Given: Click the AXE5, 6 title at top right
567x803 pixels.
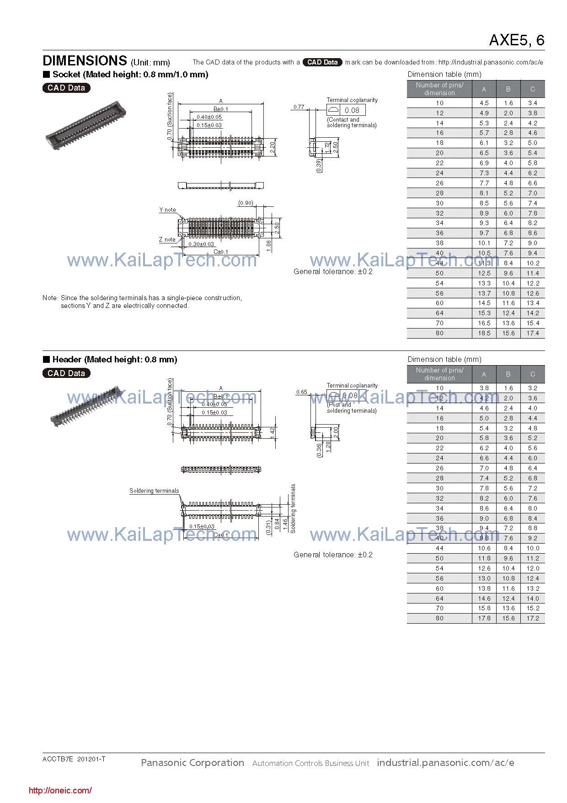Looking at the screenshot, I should coord(516,40).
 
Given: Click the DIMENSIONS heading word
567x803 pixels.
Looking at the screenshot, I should coord(85,61).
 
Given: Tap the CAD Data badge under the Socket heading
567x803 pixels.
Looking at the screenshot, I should coord(66,88).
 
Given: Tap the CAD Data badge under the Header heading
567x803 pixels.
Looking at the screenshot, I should coord(66,373).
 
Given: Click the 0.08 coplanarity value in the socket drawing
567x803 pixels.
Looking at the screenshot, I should coord(352,110).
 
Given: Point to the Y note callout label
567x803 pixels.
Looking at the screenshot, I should coord(167,210).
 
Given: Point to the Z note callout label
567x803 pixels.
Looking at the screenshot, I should coord(167,239).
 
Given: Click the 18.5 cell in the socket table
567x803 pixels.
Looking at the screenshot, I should coord(484,333).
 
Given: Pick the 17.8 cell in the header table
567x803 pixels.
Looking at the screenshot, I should coord(484,618).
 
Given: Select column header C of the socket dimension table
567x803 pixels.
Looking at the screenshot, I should coord(532,89).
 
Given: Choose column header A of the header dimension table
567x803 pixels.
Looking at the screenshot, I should coord(484,374).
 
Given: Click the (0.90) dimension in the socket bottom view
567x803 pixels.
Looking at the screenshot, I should coord(246,203).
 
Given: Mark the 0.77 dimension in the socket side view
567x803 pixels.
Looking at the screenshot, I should coord(299,107).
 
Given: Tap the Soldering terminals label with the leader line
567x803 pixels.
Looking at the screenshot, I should coord(154,490).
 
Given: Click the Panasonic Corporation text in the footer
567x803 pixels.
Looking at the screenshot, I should coord(192,762).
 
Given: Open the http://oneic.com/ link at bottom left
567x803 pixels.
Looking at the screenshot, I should coord(60,790).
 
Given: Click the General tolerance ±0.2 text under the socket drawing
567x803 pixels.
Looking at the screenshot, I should coord(333,271).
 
